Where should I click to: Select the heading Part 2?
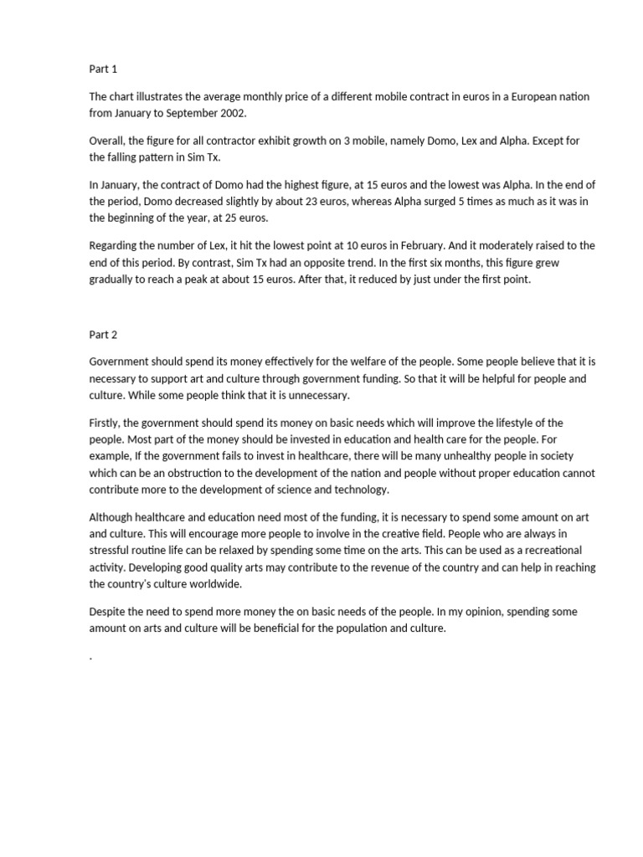point(103,335)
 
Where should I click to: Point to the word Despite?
point(108,612)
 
